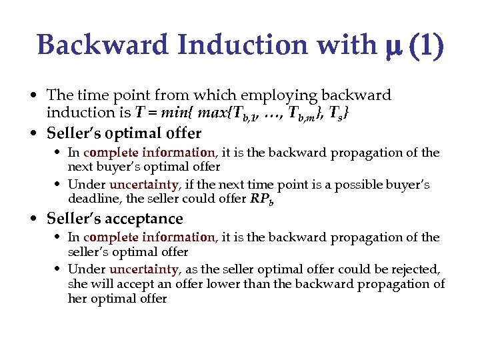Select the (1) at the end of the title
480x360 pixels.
(425, 46)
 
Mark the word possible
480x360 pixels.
(365, 184)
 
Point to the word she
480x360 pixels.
(77, 284)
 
